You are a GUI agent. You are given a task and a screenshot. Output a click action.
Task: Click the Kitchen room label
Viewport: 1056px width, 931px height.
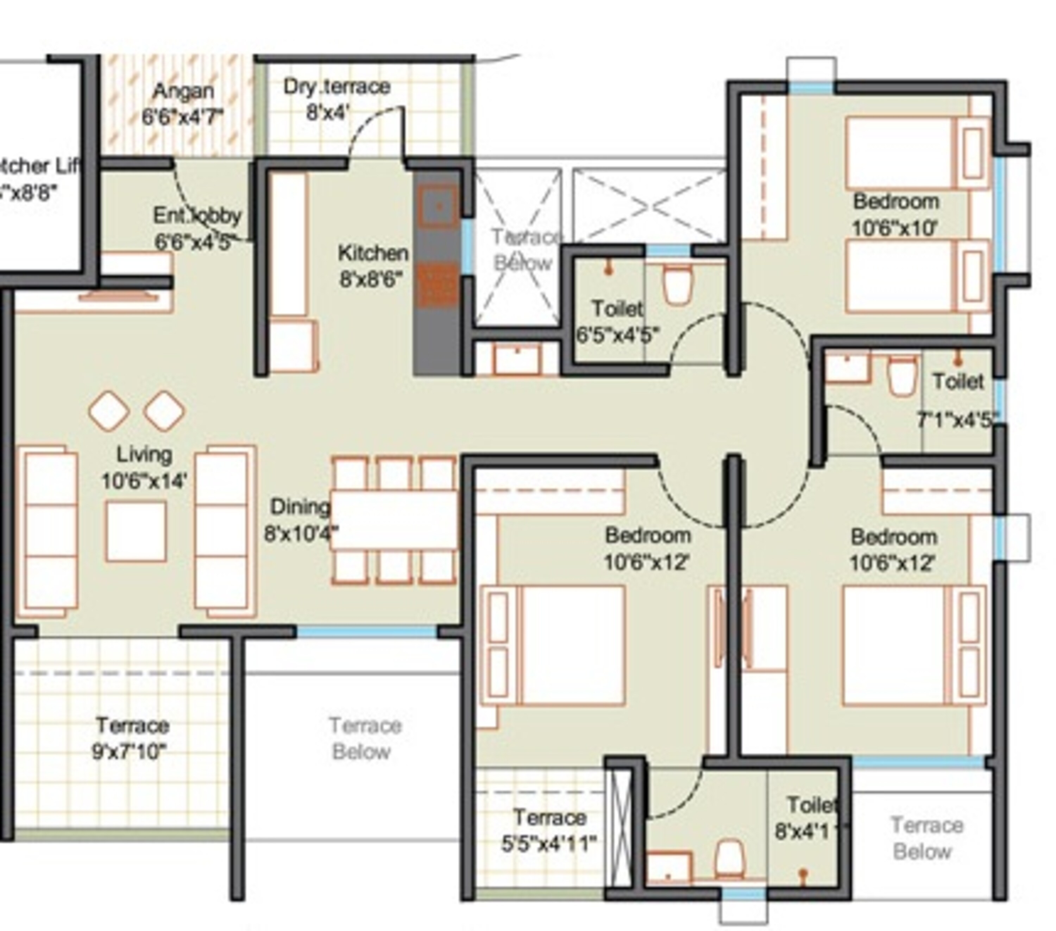click(x=373, y=253)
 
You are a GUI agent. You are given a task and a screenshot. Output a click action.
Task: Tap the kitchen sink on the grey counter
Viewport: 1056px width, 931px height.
click(x=438, y=206)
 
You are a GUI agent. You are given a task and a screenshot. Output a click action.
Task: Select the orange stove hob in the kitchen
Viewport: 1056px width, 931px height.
click(x=437, y=285)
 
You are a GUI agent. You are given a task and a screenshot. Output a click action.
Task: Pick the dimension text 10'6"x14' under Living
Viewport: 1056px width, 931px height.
click(x=144, y=481)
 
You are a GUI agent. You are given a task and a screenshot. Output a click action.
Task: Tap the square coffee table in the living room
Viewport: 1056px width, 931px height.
click(x=136, y=531)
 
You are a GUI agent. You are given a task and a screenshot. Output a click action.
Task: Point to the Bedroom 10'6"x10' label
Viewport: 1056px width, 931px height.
click(x=896, y=214)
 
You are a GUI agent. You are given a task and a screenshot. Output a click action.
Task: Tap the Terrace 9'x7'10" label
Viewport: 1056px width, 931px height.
click(x=132, y=738)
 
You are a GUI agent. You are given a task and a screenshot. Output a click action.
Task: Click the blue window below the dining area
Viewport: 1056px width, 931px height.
click(x=367, y=631)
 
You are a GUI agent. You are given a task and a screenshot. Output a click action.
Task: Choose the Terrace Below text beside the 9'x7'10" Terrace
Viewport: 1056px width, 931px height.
click(x=364, y=738)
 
